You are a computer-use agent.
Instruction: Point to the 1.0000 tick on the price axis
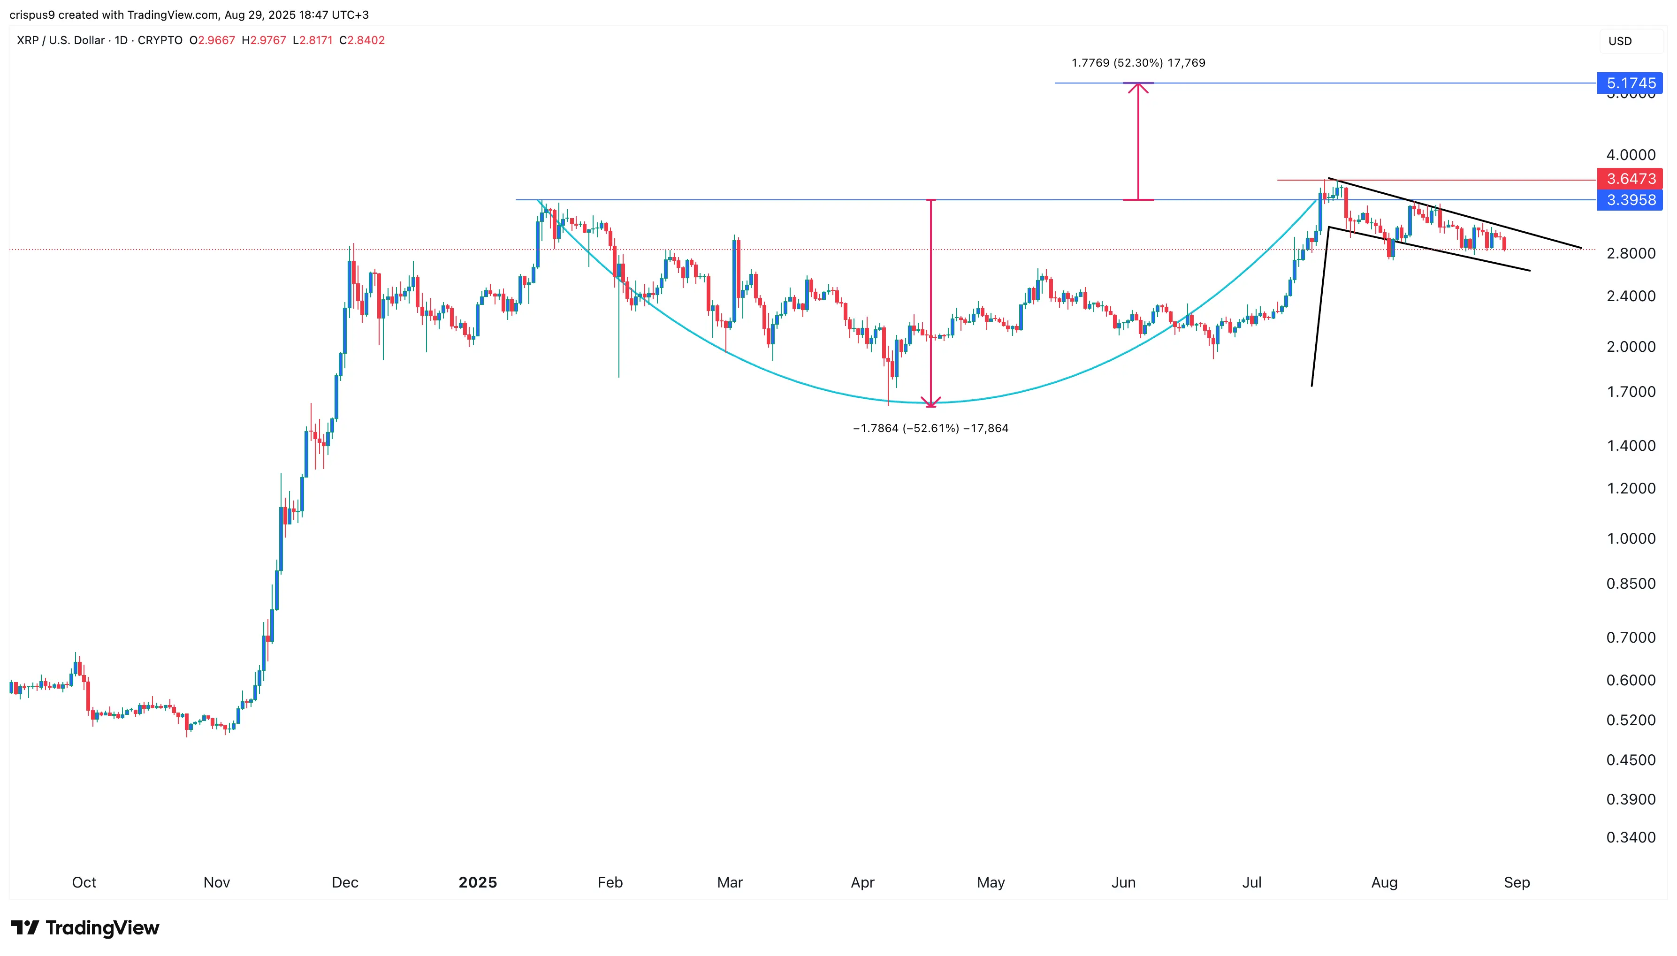1631,539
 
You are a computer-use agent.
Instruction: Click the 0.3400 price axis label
1631,837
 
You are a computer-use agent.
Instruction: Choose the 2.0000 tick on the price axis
1631,347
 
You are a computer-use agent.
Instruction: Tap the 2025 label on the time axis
477,882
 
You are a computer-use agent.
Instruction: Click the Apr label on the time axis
862,882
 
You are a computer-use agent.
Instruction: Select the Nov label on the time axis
217,882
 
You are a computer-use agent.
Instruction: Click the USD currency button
1620,41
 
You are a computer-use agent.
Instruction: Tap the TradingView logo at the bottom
85,928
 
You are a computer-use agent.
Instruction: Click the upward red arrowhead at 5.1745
1138,87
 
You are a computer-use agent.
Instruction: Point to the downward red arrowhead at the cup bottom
930,402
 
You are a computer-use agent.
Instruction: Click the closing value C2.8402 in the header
362,40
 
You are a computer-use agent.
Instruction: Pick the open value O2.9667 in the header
212,40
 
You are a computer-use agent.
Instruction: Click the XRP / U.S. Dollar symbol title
61,40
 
